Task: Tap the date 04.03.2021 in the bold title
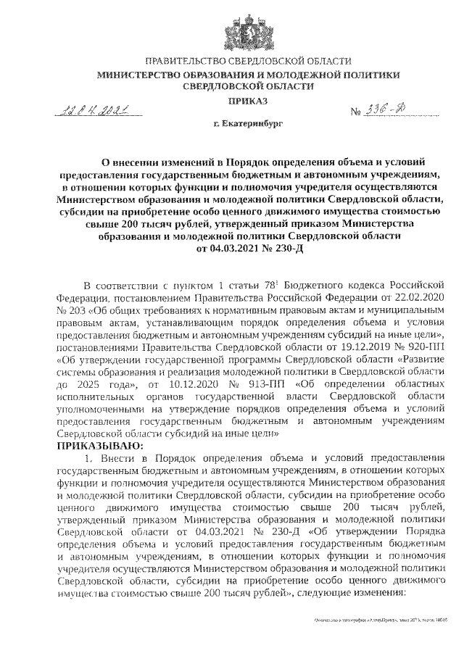point(228,249)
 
